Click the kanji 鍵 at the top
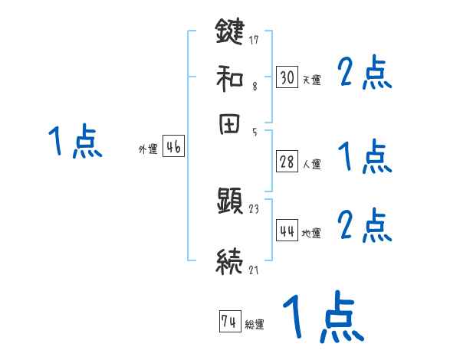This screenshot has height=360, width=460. pyautogui.click(x=229, y=33)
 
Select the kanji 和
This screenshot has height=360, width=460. pyautogui.click(x=229, y=77)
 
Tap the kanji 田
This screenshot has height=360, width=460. pyautogui.click(x=229, y=125)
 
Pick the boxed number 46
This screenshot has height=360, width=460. pyautogui.click(x=173, y=148)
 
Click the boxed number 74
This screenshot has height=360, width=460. pyautogui.click(x=229, y=322)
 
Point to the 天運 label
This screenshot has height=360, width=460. pyautogui.click(x=311, y=80)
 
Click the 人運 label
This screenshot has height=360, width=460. pyautogui.click(x=311, y=164)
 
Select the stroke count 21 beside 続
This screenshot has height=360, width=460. pyautogui.click(x=254, y=269)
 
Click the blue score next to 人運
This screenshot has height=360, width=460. pyautogui.click(x=365, y=157)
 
